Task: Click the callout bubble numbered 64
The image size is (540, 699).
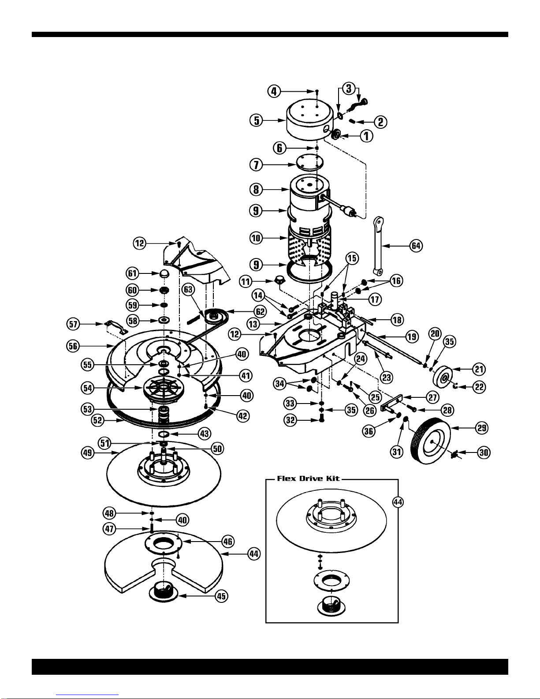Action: (x=416, y=246)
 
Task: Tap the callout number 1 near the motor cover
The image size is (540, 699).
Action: (x=366, y=136)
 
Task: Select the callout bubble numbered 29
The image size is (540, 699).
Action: (x=482, y=428)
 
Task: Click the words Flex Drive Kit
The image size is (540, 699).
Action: (x=308, y=478)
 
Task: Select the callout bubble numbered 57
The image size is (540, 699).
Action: (x=73, y=324)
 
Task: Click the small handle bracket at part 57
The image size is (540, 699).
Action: (x=116, y=327)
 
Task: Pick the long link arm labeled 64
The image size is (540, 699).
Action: (x=378, y=246)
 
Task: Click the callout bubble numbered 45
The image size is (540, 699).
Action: (x=221, y=596)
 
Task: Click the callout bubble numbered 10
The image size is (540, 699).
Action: (x=256, y=238)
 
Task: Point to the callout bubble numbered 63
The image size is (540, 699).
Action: (x=188, y=289)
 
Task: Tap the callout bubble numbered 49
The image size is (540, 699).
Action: (x=88, y=453)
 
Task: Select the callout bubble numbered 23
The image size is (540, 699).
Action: (x=386, y=377)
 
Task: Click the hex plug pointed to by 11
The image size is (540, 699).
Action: (x=279, y=280)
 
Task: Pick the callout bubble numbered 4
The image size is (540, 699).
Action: (x=274, y=92)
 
